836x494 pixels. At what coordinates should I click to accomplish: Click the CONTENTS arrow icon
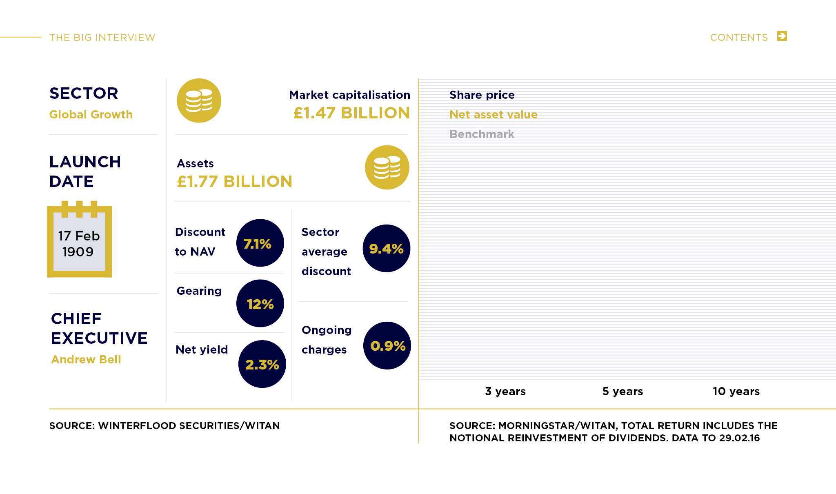782,36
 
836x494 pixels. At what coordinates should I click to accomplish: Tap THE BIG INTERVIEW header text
102,38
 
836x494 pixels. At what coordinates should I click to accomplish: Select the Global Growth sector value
91,114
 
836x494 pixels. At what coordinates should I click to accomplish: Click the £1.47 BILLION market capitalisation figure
351,113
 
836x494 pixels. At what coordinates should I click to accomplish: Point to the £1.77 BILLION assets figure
234,182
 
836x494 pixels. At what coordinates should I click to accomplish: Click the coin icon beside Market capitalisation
199,100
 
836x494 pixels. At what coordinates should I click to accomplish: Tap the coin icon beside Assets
387,167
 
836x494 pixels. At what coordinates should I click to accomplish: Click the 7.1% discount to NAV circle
260,243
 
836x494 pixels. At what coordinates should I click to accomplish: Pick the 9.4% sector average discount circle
386,248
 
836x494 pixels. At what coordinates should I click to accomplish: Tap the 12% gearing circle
260,303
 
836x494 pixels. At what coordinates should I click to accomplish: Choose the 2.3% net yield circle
262,364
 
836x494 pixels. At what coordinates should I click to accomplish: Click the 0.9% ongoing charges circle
387,345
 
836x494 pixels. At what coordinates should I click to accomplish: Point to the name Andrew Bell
86,359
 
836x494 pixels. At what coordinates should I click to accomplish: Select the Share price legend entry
482,95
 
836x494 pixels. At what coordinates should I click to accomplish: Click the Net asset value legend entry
493,114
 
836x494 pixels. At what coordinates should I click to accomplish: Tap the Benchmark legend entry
482,134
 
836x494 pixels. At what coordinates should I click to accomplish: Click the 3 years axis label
505,391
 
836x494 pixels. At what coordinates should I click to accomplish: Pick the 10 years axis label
736,391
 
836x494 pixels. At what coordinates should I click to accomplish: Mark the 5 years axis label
623,391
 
